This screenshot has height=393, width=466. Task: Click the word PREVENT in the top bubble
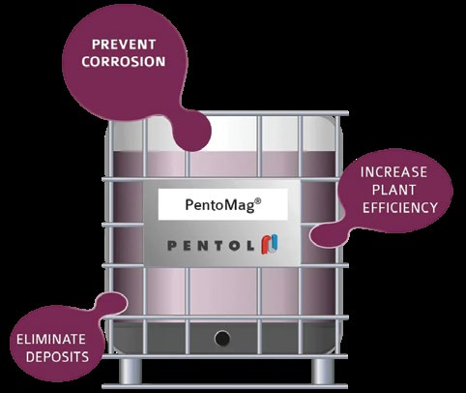(x=124, y=45)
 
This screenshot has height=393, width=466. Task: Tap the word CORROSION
(x=124, y=62)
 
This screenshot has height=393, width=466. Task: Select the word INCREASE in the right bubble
(x=393, y=172)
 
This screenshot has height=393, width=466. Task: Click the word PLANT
(x=393, y=190)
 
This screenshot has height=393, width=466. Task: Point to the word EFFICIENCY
(x=400, y=207)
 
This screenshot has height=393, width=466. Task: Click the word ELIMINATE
(x=51, y=339)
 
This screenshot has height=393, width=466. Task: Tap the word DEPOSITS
(x=57, y=357)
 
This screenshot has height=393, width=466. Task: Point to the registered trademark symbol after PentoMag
(x=258, y=201)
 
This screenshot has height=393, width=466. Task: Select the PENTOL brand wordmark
(x=211, y=246)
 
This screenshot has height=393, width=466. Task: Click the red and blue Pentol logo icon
(x=270, y=244)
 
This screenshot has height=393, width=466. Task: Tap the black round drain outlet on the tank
(x=222, y=339)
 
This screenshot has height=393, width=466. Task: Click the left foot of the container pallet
(x=131, y=371)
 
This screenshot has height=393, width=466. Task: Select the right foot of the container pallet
(x=322, y=371)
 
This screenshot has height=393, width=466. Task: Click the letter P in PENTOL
(x=172, y=246)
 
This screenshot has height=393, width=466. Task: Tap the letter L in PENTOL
(x=249, y=246)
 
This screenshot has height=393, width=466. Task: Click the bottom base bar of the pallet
(x=225, y=386)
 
